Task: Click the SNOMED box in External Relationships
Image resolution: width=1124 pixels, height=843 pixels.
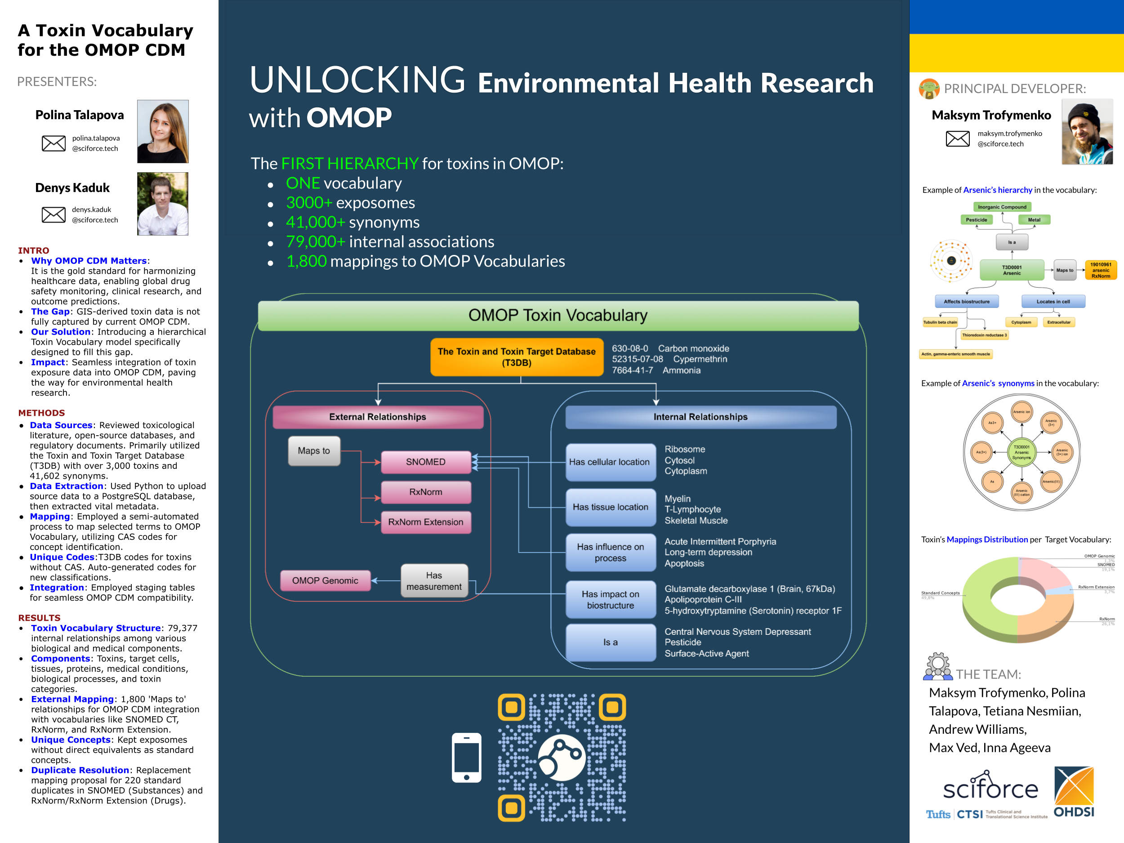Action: pos(426,462)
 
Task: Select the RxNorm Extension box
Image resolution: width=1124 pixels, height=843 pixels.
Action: pos(426,522)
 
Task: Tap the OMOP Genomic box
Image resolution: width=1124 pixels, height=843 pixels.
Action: pos(325,580)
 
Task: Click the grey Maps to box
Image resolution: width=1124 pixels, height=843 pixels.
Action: pos(314,450)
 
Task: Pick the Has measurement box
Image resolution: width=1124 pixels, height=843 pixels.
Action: pos(434,581)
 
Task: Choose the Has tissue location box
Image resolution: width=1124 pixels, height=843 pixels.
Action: pos(610,507)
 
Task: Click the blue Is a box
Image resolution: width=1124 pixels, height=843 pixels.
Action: pos(610,642)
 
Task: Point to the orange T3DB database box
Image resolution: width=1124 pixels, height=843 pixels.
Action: pos(516,357)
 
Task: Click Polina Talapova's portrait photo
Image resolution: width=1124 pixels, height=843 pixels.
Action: pos(163,131)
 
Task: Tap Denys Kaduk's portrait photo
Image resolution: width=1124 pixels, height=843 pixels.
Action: pos(163,203)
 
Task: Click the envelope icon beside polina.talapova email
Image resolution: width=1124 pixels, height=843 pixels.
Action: pos(54,143)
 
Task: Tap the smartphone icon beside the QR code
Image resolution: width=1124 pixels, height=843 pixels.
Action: pos(467,757)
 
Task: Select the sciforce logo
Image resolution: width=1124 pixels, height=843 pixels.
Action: pos(990,787)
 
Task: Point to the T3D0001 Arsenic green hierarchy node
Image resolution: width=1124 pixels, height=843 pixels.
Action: pos(1011,270)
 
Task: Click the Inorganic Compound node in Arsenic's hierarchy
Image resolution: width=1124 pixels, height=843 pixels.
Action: pos(1002,207)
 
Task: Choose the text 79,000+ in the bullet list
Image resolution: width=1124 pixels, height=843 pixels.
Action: pos(315,241)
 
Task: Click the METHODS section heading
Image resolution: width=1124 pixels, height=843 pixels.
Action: pos(42,413)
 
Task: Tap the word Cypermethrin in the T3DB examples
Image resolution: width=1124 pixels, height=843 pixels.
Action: pos(700,359)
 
